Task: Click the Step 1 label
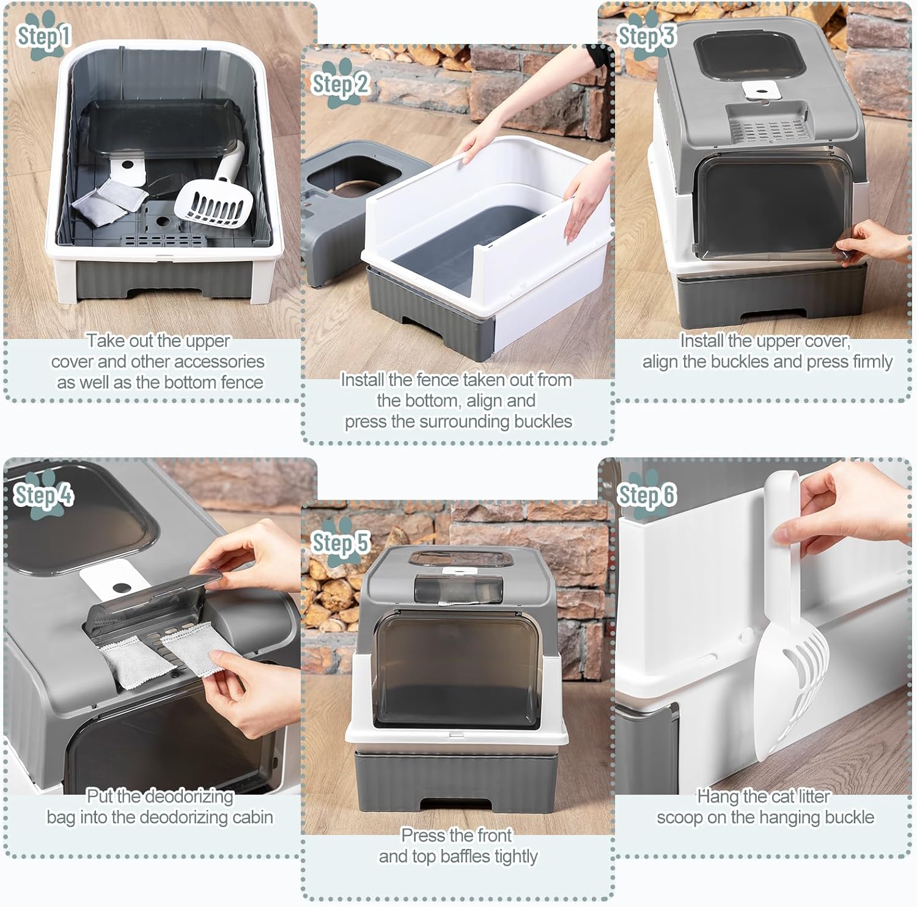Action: [44, 37]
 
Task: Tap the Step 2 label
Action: [341, 84]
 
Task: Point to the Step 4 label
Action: [43, 495]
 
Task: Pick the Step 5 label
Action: [341, 542]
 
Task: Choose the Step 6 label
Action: [646, 495]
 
